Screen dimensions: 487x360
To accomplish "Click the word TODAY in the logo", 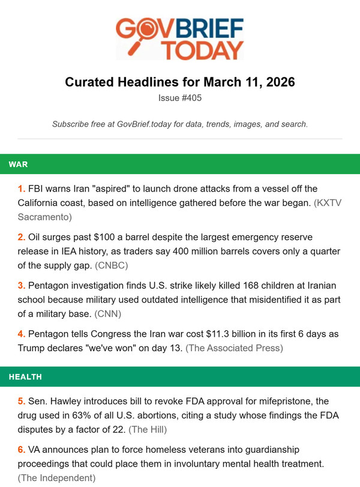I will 205,49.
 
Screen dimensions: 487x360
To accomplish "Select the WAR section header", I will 18,164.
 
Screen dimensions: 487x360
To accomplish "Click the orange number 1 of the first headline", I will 22,189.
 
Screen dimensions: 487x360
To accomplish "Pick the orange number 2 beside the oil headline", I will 22,237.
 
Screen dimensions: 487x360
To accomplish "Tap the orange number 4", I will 22,333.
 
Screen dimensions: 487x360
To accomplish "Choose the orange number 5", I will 22,401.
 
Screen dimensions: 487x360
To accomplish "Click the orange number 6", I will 22,449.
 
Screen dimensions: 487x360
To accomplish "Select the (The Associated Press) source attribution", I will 235,348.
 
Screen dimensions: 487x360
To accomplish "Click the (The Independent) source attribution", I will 57,477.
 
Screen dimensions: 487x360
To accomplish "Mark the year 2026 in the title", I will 277,82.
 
